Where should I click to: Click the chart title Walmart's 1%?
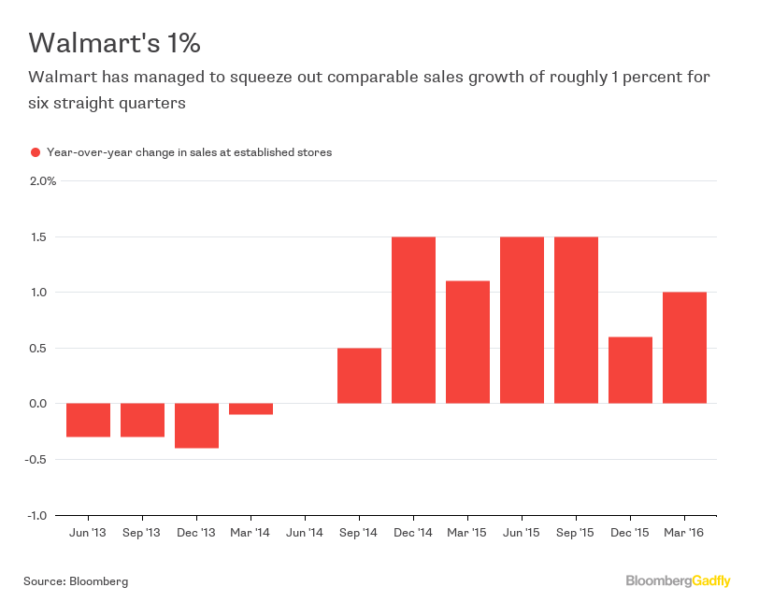point(114,43)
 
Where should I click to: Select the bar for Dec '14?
point(413,320)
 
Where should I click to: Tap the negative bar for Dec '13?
point(196,425)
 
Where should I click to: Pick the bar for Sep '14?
point(359,376)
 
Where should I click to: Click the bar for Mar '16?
point(684,348)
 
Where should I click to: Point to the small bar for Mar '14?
point(251,408)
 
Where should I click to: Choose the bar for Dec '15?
point(630,370)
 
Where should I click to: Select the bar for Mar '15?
point(467,342)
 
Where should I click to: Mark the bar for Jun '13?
point(88,420)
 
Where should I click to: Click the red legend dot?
point(35,152)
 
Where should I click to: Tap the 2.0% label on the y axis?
point(43,180)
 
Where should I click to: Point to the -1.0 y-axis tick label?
point(38,515)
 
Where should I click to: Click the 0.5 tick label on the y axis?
point(39,348)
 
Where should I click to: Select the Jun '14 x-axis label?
point(305,533)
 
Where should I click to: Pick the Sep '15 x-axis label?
point(576,533)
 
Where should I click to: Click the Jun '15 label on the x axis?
point(522,533)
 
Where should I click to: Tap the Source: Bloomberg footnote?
point(76,581)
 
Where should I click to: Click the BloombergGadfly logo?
point(678,581)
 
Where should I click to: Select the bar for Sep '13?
point(142,420)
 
